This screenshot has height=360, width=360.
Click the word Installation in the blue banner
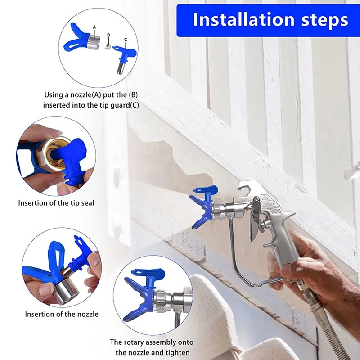[x=244, y=19]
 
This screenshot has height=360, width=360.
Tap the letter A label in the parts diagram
[x=94, y=27]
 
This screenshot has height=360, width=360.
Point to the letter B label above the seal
[x=108, y=35]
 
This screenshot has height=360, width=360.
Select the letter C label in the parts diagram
[x=126, y=40]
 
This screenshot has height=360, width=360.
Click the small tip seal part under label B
[x=108, y=47]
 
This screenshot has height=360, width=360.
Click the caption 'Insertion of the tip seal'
[x=56, y=203]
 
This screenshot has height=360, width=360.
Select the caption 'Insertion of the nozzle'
[x=62, y=314]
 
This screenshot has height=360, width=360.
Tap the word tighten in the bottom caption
[x=175, y=352]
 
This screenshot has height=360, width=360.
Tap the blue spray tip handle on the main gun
[x=206, y=192]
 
